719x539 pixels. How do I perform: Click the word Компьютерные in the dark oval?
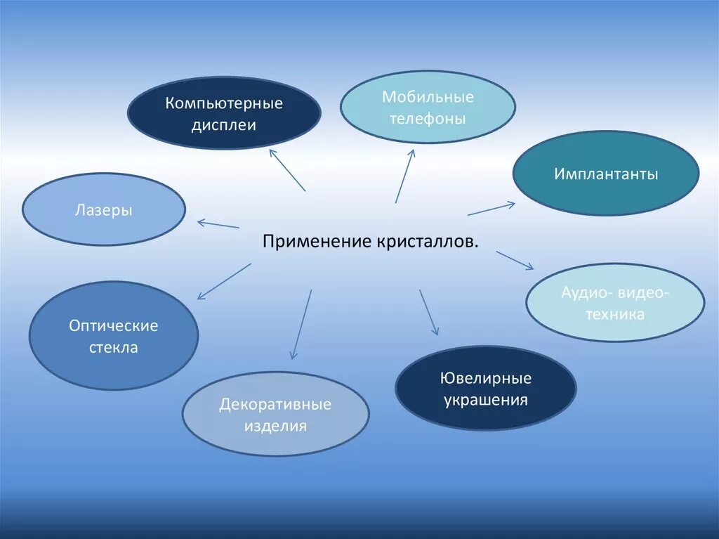click(x=224, y=103)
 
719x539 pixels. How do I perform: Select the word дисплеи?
click(x=224, y=126)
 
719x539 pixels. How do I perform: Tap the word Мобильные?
click(x=428, y=97)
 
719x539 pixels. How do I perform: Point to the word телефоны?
click(x=428, y=119)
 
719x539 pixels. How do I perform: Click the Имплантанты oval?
click(x=605, y=174)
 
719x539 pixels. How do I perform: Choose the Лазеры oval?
click(x=104, y=209)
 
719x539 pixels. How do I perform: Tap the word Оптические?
click(x=114, y=325)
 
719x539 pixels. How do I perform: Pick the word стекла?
click(x=114, y=348)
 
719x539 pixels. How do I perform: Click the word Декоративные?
click(x=275, y=405)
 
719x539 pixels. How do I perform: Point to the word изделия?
click(x=275, y=427)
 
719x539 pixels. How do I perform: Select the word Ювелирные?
click(x=486, y=378)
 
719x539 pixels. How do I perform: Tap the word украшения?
click(x=486, y=401)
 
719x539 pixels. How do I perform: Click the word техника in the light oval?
click(x=614, y=315)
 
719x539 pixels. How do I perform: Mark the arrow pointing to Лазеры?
click(x=218, y=224)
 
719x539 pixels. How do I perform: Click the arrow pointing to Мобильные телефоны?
click(x=404, y=176)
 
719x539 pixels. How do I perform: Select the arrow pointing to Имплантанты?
click(x=492, y=209)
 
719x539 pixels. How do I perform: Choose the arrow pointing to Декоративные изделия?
click(x=301, y=325)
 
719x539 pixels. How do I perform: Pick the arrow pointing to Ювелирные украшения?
click(x=429, y=312)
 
